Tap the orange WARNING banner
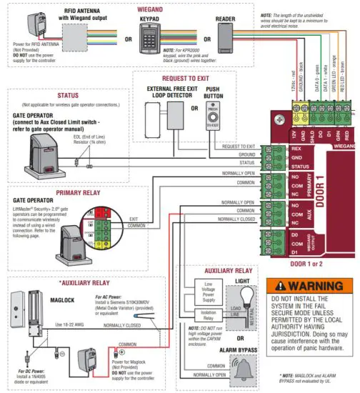tap(309, 286)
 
